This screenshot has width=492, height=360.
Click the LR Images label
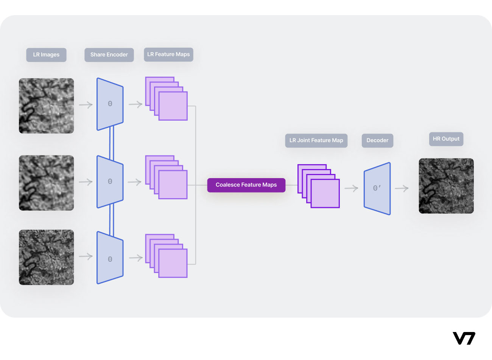point(46,55)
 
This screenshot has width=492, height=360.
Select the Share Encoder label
point(109,55)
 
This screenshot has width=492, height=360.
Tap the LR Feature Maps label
point(168,54)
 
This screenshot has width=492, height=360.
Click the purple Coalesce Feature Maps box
point(246,185)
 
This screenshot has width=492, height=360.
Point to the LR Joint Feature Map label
point(316,140)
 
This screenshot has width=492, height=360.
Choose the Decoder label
point(377,140)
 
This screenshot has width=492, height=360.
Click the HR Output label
point(446,139)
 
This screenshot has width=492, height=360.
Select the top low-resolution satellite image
point(47,106)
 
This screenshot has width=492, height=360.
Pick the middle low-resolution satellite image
point(47,183)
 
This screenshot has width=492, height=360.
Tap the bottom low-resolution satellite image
point(47,258)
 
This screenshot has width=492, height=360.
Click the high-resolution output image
point(446,186)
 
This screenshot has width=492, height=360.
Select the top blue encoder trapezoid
point(110,104)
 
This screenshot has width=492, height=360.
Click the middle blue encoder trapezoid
point(110,182)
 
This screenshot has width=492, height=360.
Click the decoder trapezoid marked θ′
point(377,188)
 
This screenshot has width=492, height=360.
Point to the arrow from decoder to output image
point(402,188)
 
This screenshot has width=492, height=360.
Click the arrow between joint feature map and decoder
point(351,188)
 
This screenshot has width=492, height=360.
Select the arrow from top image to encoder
point(86,105)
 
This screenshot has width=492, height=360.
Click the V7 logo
point(464,338)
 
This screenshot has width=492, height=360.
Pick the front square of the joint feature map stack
point(325,194)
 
